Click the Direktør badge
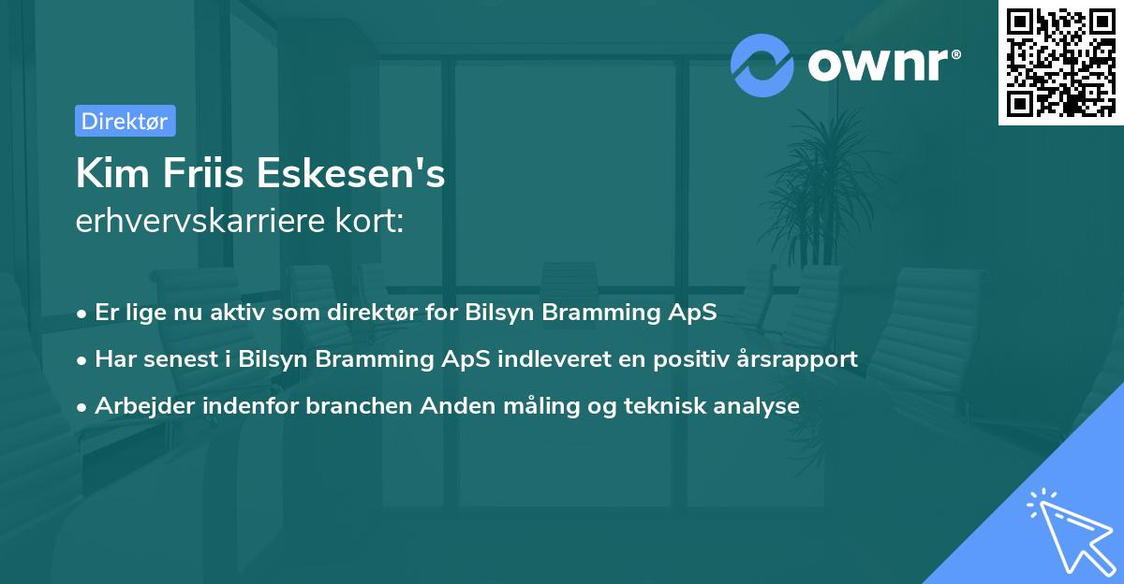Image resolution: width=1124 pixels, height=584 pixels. tap(125, 121)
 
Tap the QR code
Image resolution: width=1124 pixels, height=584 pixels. tap(1061, 63)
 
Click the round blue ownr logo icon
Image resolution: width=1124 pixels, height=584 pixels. tap(762, 65)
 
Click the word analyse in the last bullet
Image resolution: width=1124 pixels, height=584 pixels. tap(761, 406)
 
